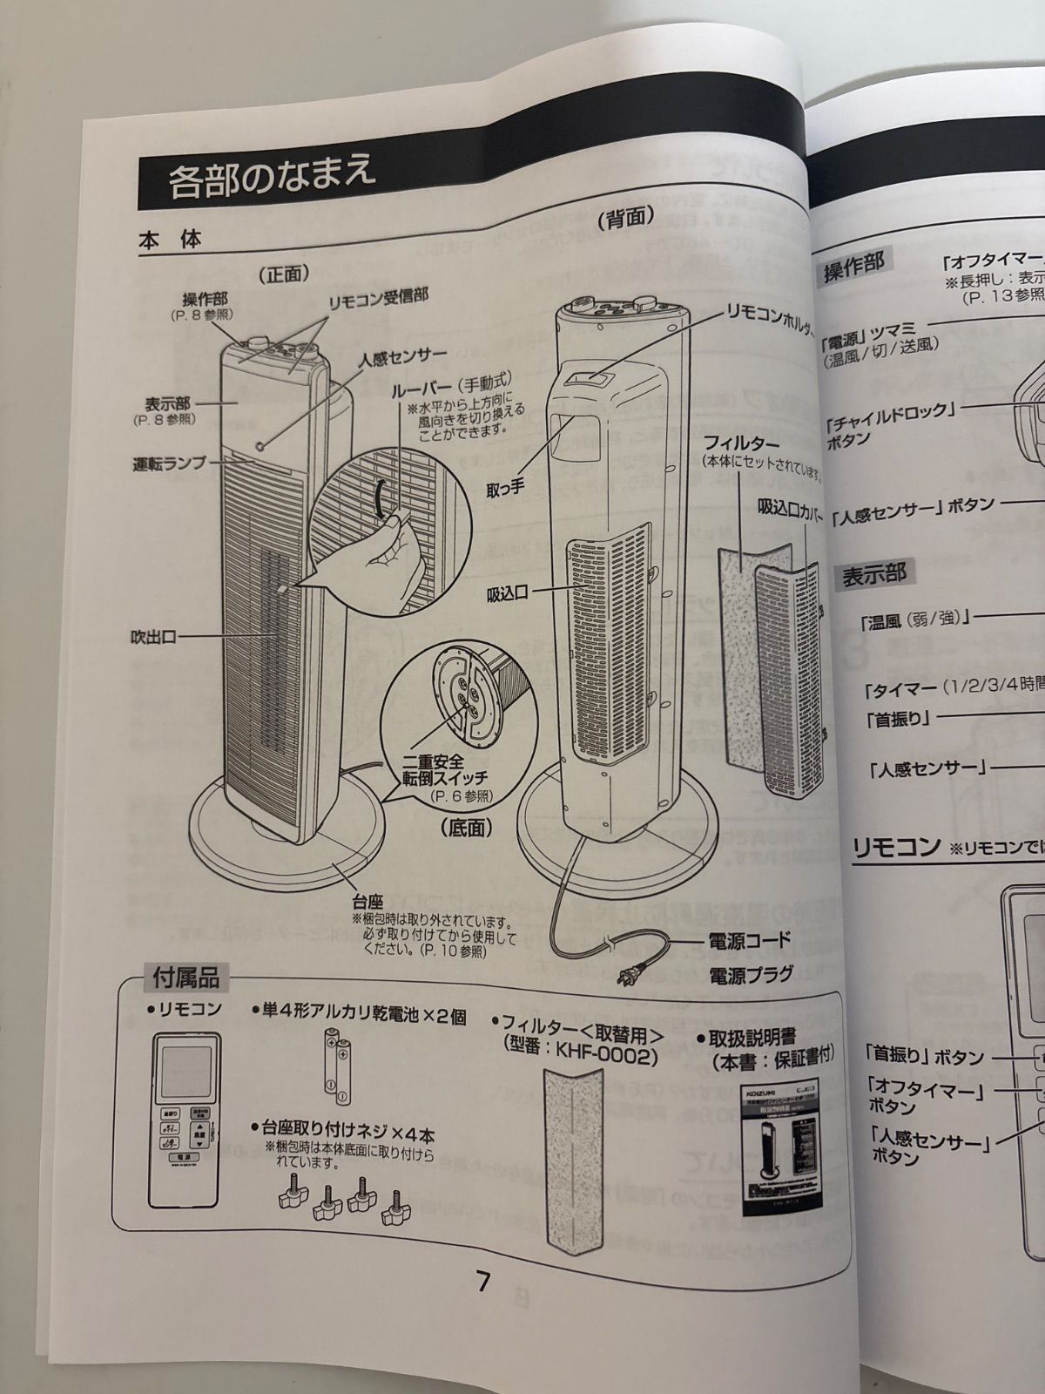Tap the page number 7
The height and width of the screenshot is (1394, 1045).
pos(484,1282)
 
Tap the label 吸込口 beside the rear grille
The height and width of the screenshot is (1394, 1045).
pos(508,594)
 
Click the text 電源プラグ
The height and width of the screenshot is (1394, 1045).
pos(751,974)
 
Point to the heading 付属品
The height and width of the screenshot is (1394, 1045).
pos(185,978)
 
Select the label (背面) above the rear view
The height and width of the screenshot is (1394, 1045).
pos(625,219)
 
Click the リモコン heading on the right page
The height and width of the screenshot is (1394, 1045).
pos(895,847)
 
